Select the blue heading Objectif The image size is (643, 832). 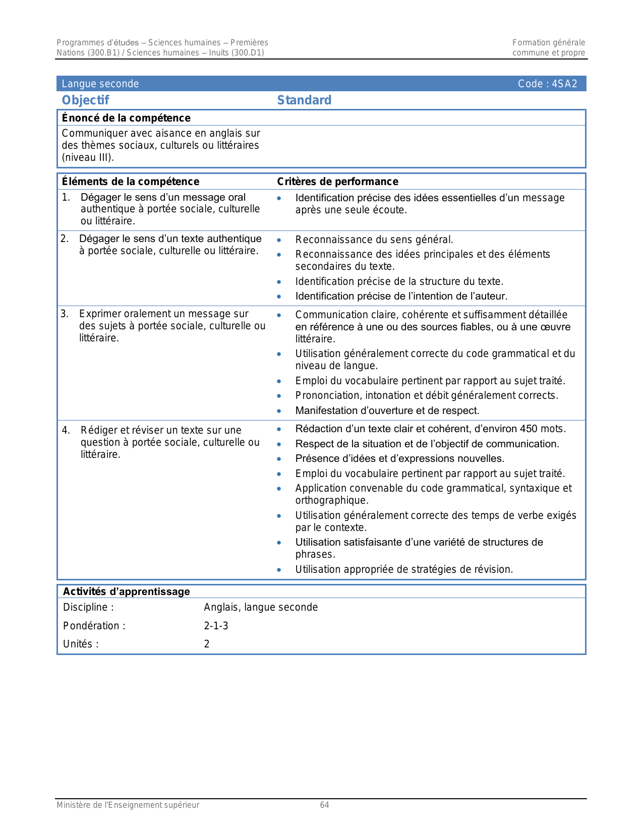tap(85, 100)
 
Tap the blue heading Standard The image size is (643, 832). tap(304, 100)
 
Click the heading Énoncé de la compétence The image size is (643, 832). tap(126, 118)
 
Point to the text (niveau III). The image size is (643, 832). tap(88, 157)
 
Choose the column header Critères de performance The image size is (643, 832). tap(337, 182)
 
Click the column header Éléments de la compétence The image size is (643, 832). tap(130, 182)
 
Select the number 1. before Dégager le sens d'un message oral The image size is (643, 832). tap(66, 197)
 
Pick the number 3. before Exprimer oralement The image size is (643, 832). tap(65, 314)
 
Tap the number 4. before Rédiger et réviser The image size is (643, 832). tap(66, 430)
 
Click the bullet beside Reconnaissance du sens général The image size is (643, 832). tap(279, 240)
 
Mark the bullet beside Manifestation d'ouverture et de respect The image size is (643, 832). tap(279, 411)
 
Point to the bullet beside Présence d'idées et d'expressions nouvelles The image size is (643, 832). tap(279, 459)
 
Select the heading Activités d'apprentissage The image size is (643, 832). tap(126, 591)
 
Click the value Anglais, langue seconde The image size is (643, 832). tap(261, 607)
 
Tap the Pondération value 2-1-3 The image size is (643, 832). tap(216, 626)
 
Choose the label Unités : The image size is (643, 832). tap(81, 644)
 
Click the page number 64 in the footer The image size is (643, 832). tap(324, 805)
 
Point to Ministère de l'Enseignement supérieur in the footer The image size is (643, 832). tap(128, 805)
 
